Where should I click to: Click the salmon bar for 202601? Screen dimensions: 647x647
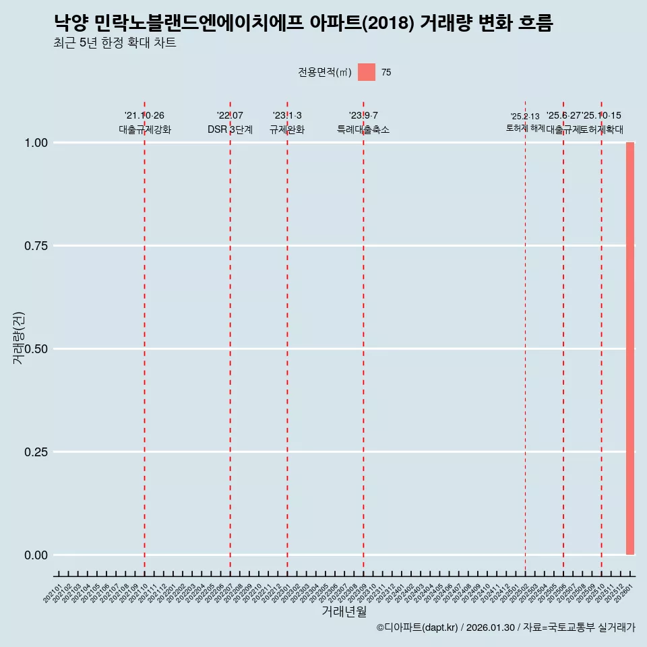pos(630,348)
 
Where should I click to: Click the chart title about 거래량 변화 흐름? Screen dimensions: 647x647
pos(303,24)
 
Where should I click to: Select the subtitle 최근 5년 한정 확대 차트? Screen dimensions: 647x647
pos(115,43)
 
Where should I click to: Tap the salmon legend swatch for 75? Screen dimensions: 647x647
pos(366,72)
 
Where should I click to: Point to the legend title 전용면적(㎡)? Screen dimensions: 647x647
pos(324,72)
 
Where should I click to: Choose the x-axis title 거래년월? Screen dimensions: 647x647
pos(344,611)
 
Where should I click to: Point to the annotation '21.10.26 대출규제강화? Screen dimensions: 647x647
pos(144,123)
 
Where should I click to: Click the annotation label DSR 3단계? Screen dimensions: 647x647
pos(230,129)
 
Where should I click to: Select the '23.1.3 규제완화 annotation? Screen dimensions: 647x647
pos(287,123)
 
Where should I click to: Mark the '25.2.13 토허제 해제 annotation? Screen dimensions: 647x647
pos(525,122)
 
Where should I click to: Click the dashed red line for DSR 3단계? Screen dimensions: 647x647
pos(230,337)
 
